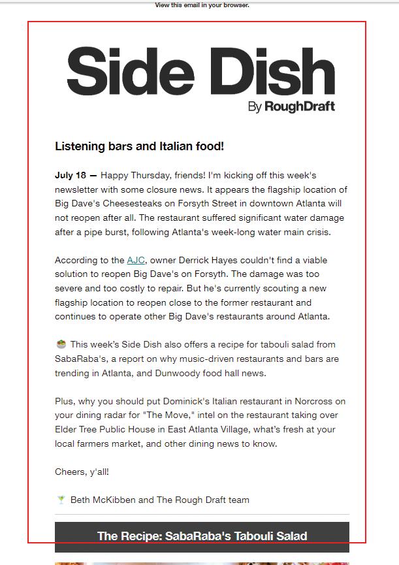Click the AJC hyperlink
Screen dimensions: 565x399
[x=136, y=261]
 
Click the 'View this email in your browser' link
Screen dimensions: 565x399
[x=202, y=5]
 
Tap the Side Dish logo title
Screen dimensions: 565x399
[x=200, y=71]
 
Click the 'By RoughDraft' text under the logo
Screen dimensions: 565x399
[x=291, y=107]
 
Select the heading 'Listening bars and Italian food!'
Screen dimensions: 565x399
[x=139, y=146]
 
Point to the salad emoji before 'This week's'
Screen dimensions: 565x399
[x=61, y=344]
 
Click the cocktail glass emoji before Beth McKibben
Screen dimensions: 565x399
[x=61, y=500]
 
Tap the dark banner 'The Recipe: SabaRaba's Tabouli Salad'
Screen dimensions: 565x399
[x=202, y=536]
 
